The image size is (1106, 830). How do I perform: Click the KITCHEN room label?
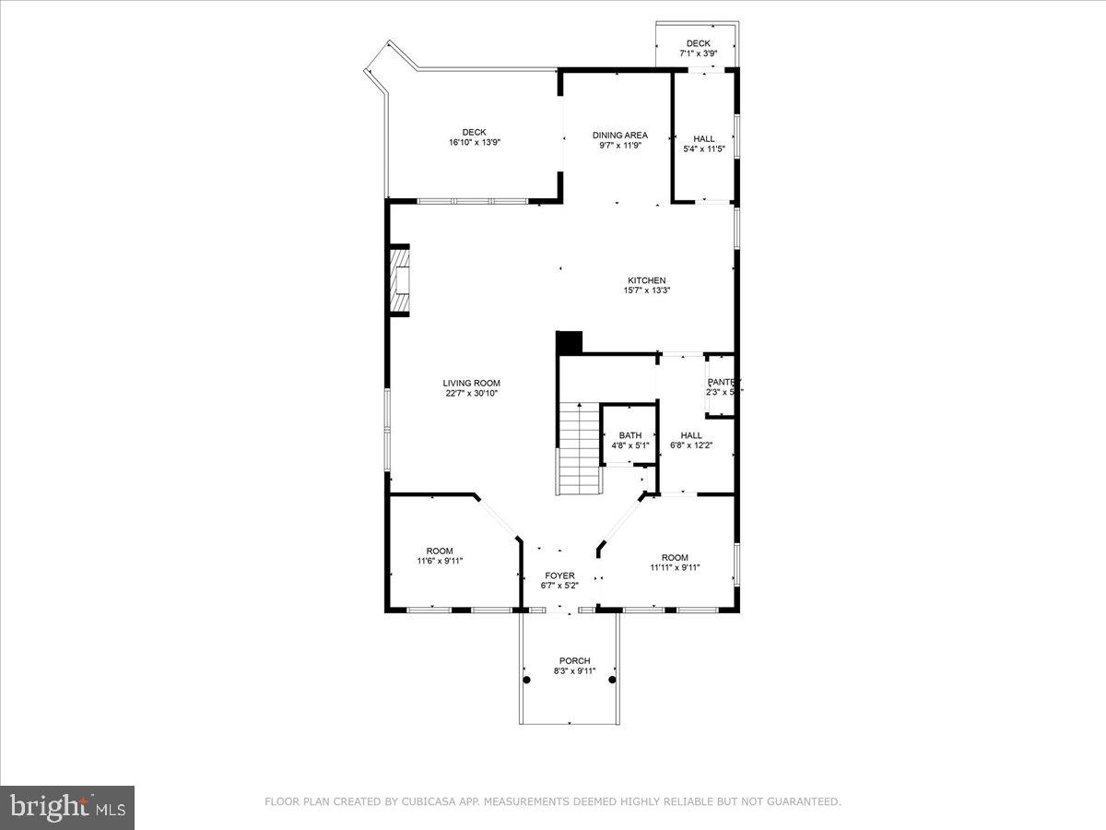pos(646,280)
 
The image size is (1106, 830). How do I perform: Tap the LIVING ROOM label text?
pos(471,383)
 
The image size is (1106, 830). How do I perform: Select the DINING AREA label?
pos(619,135)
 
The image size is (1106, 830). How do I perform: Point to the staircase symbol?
pos(578,449)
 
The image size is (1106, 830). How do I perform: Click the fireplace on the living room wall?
pos(399,280)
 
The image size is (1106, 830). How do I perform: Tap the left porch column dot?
pos(527,680)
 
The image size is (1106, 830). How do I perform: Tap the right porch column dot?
pos(611,680)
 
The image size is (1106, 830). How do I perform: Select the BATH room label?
pos(630,435)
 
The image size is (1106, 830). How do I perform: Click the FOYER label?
pos(559,575)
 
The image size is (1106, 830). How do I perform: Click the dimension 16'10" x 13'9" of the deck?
pos(474,143)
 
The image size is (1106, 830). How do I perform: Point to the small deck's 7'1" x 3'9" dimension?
pos(698,53)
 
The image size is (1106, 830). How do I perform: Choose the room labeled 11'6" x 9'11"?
pos(439,561)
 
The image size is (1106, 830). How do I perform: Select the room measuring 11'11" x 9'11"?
pos(675,568)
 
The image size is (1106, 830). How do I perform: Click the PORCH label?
pos(574,660)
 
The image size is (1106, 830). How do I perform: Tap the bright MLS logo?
pos(67,808)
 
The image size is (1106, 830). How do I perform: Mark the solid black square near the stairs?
pos(569,342)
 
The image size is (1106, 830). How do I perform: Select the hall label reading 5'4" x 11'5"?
pos(703,148)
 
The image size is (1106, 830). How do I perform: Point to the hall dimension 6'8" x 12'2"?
pos(690,445)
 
